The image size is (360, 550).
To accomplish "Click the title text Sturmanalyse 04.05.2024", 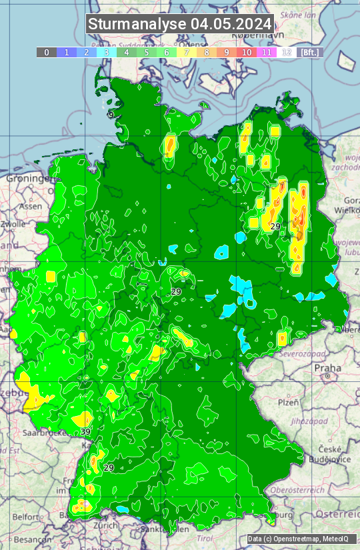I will (x=180, y=24).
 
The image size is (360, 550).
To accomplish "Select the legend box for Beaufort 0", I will (x=47, y=52).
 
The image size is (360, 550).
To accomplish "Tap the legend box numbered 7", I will (x=187, y=52).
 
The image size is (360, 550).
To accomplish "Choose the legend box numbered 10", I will (x=247, y=52).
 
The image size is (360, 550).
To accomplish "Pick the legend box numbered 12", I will (x=287, y=52).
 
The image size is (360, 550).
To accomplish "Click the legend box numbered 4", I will (x=127, y=52).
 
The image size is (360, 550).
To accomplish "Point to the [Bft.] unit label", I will (x=309, y=52).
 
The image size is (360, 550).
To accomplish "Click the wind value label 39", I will (x=85, y=432).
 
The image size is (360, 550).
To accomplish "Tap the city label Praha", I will (x=328, y=367).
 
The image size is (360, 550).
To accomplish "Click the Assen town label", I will (x=30, y=207).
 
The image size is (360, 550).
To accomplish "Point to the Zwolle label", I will (x=13, y=225).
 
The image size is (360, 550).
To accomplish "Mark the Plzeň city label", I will (x=288, y=402).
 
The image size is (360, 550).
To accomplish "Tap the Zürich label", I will (x=105, y=525).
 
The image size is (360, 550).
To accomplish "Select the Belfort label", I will (x=26, y=517).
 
